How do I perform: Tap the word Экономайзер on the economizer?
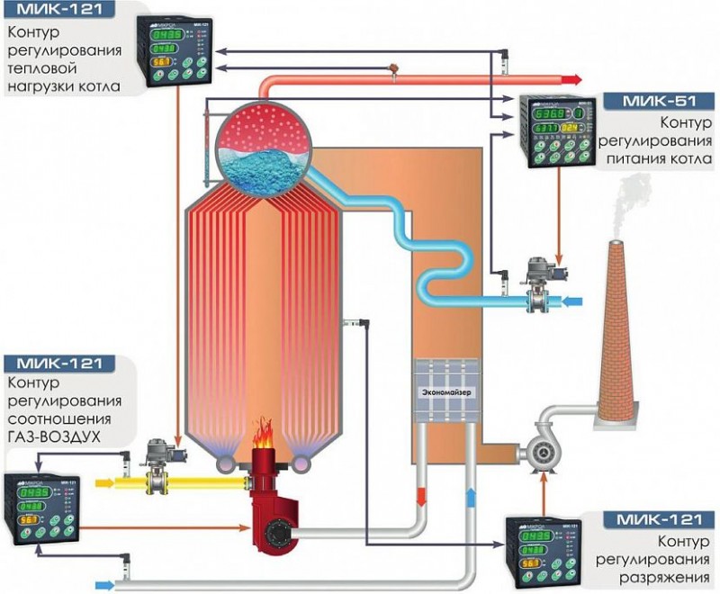pyautogui.click(x=448, y=393)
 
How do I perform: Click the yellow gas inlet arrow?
pyautogui.click(x=107, y=483)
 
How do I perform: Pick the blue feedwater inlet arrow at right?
pyautogui.click(x=571, y=299)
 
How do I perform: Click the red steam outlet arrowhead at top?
pyautogui.click(x=569, y=77)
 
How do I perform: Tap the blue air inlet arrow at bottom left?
pyautogui.click(x=106, y=585)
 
